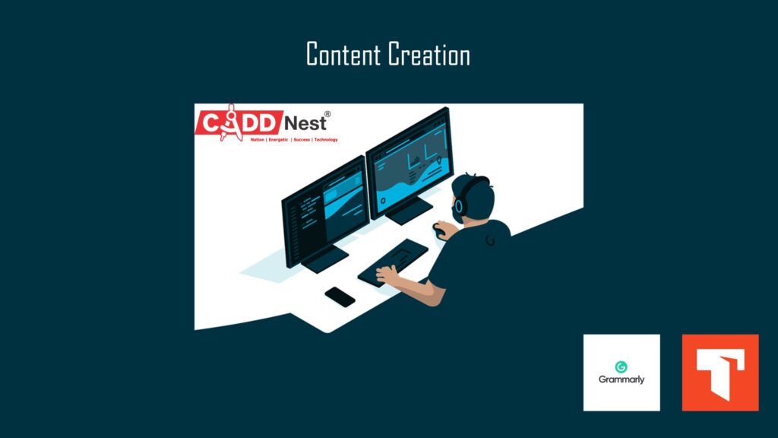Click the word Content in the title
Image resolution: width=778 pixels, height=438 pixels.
(x=343, y=54)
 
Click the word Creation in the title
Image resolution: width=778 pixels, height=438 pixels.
(x=429, y=54)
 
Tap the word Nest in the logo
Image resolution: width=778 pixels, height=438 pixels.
(x=305, y=122)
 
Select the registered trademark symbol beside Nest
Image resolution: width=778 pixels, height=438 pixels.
(x=327, y=114)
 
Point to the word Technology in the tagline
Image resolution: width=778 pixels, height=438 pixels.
(x=326, y=140)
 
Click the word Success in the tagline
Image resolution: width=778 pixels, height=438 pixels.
(x=302, y=140)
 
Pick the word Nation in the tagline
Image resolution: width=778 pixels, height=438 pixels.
(x=258, y=140)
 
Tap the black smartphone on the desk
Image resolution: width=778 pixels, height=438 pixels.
(x=340, y=297)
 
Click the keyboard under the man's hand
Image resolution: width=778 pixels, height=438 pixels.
(x=393, y=262)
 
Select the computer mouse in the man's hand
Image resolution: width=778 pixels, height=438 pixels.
(x=438, y=230)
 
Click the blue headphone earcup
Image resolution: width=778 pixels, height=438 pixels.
(x=459, y=205)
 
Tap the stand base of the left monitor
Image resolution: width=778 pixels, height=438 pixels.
(x=325, y=259)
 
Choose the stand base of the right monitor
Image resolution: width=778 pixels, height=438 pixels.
(x=409, y=211)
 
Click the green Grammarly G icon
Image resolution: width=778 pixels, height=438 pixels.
(x=621, y=367)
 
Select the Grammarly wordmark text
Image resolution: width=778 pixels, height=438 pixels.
(x=621, y=380)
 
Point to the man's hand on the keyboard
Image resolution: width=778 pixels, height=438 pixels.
(x=387, y=274)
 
